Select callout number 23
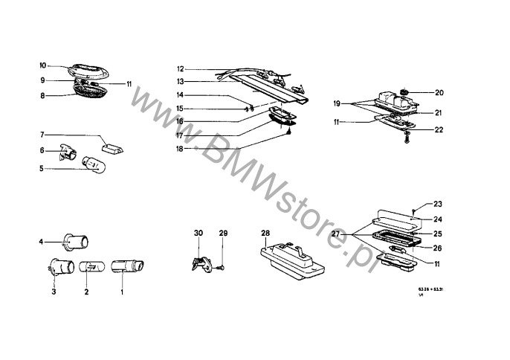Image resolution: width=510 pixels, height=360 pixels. (x=437, y=203)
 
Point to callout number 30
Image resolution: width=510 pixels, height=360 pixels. (x=198, y=234)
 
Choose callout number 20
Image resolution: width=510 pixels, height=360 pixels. (x=439, y=93)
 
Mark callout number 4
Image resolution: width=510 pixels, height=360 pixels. (x=42, y=242)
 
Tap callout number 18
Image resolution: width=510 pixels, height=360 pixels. (x=180, y=149)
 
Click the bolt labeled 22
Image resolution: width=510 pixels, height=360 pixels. (x=407, y=139)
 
